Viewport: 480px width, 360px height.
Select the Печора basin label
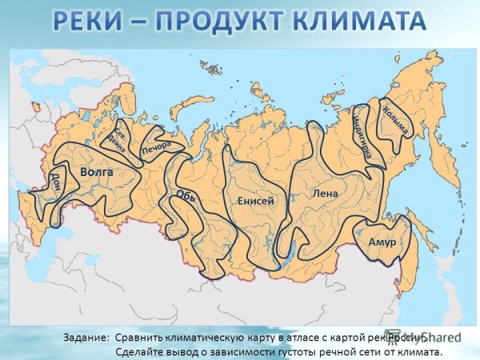pos(158,148)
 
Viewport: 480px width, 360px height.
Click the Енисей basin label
pos(256,201)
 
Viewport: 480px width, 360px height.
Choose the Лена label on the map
pos(326,193)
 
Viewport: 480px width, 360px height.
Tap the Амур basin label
pos(382,241)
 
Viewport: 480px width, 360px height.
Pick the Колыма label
pos(395,119)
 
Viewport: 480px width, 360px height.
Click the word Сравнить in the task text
pos(142,338)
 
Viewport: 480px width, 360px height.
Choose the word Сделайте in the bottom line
pos(143,351)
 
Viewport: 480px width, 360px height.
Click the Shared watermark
pos(443,338)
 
